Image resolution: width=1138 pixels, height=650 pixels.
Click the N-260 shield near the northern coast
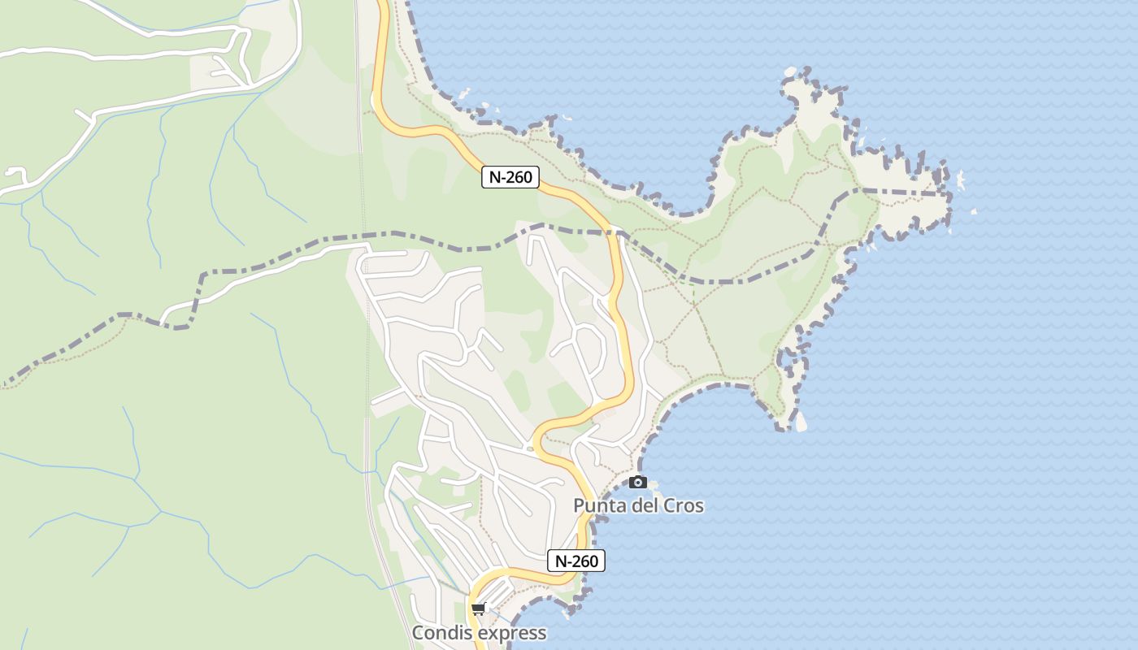[510, 177]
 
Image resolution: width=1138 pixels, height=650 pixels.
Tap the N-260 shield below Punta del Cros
[576, 561]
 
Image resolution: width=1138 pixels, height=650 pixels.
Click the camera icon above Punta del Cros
[638, 482]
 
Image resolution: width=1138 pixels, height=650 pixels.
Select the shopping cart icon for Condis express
[479, 609]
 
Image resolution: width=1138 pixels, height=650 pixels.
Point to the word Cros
[684, 505]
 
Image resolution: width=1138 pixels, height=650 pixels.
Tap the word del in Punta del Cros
[646, 505]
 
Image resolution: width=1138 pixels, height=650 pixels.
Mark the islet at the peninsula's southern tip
[800, 421]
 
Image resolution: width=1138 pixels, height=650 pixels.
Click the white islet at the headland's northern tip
[790, 72]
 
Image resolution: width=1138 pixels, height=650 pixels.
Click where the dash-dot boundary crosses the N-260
[615, 233]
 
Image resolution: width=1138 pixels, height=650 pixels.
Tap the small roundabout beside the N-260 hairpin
[530, 448]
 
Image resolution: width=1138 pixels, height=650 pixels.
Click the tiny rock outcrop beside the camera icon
[653, 486]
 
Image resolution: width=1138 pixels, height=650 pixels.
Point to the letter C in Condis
[419, 633]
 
